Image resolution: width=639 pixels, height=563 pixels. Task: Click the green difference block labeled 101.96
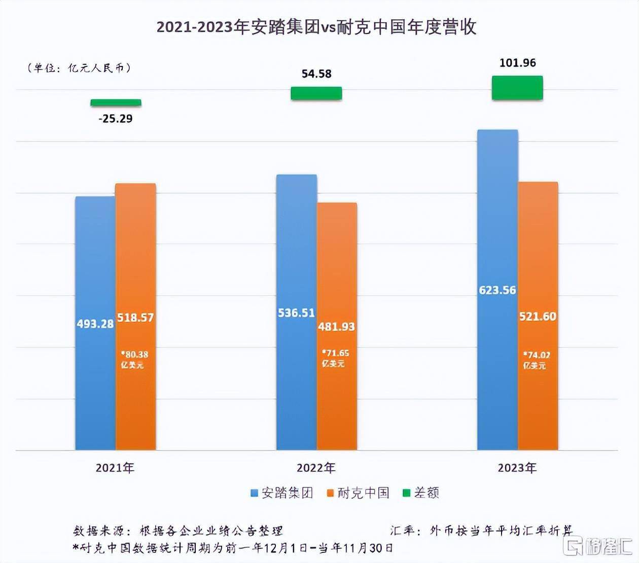(517, 88)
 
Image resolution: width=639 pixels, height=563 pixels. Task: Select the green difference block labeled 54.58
(316, 93)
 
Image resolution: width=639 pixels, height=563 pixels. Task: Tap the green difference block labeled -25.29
(116, 103)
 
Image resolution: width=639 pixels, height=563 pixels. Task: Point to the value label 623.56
(498, 290)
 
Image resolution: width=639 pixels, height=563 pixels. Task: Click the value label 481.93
(336, 327)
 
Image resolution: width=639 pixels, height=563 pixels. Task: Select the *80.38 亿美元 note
(134, 359)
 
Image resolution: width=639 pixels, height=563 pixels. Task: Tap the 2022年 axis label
(316, 468)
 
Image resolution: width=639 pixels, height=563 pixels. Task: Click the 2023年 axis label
(517, 468)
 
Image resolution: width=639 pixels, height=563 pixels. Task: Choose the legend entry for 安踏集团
(282, 492)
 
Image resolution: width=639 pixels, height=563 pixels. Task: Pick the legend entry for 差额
(421, 492)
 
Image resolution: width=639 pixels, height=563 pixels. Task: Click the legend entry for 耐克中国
(358, 492)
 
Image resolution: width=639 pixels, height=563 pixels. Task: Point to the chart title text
(316, 27)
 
